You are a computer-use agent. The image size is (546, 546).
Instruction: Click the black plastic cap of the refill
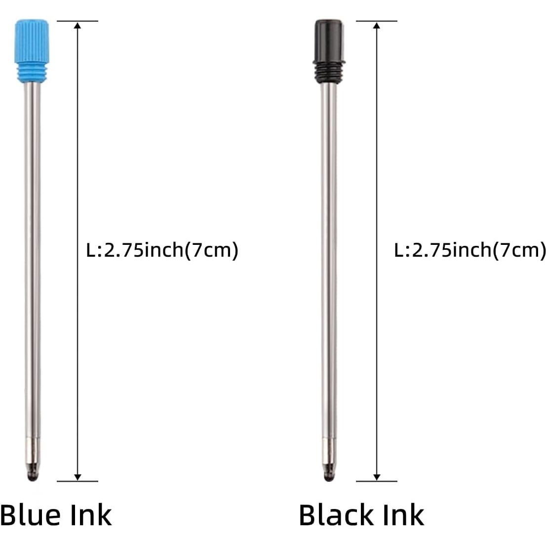point(329,39)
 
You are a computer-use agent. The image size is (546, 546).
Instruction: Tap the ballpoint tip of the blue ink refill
point(33,475)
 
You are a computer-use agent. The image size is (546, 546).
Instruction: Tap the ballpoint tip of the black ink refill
point(329,475)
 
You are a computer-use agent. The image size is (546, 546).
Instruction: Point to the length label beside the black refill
point(469,250)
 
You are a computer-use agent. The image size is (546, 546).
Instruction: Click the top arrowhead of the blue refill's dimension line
point(78,25)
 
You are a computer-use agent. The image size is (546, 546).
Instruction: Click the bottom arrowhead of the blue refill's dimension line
point(78,476)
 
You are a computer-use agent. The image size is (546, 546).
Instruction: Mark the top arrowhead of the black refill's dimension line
point(377,25)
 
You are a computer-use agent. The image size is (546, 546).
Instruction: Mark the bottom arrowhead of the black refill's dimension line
point(377,476)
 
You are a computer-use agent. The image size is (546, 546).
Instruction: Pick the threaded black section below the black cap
point(329,71)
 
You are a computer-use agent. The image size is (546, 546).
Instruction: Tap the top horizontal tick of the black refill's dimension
point(377,21)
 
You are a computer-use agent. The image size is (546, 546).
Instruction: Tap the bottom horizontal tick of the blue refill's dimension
point(78,481)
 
